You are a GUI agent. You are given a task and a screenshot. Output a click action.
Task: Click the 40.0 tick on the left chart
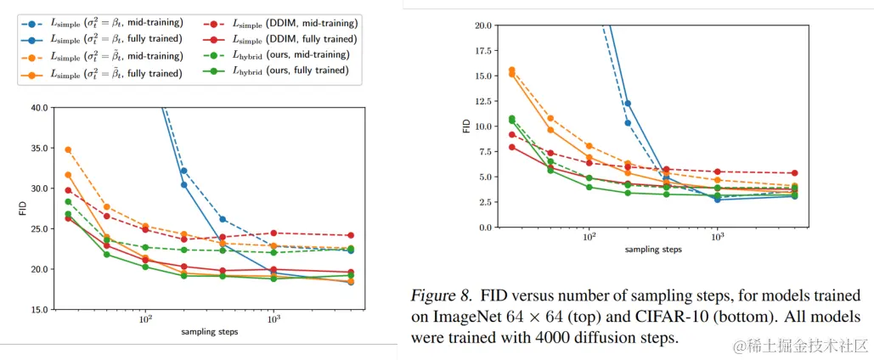click(x=39, y=108)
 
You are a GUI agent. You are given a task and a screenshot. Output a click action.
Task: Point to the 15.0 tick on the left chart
click(x=39, y=310)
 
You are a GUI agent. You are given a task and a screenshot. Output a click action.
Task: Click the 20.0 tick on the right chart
click(x=482, y=25)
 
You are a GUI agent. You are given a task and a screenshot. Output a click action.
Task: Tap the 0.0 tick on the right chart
click(x=484, y=228)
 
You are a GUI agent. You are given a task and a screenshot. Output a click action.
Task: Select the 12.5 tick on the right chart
click(x=482, y=101)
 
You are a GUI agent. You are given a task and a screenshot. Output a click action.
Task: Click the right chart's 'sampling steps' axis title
click(x=652, y=250)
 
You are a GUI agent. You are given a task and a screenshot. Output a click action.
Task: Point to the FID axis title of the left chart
click(x=23, y=209)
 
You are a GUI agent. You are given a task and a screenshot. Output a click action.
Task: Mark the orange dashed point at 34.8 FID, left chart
click(x=68, y=149)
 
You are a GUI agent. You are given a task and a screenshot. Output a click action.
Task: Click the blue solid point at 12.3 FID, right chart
click(x=628, y=104)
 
